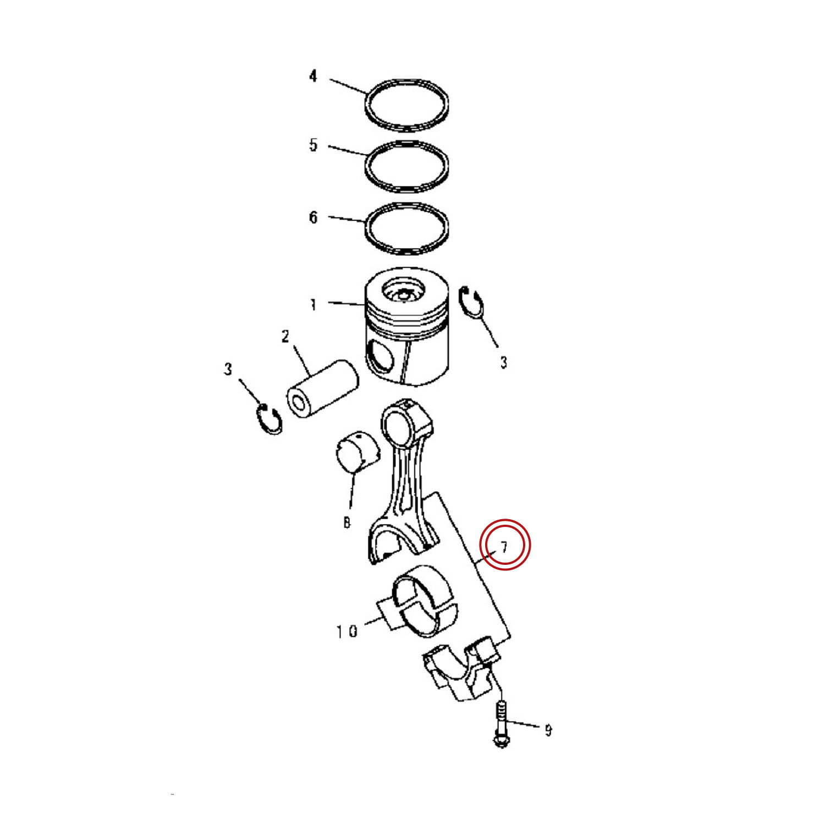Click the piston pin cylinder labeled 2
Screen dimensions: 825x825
pos(322,391)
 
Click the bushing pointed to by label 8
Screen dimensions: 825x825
pos(357,452)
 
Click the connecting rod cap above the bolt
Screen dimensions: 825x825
pos(462,669)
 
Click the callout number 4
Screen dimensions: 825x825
pos(313,76)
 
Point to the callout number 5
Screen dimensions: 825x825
pos(313,145)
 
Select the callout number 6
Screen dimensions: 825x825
pos(313,217)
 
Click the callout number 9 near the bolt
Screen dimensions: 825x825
pos(548,730)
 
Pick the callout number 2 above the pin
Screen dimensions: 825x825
pos(285,336)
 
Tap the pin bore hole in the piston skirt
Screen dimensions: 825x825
pos(381,358)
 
